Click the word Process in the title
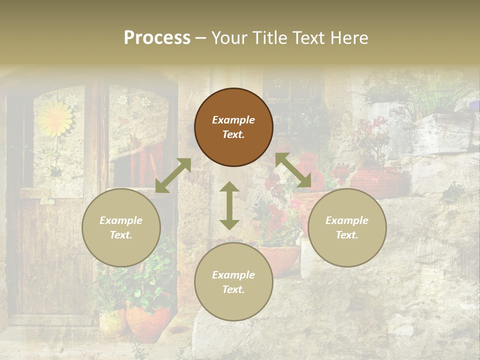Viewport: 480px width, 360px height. (x=157, y=38)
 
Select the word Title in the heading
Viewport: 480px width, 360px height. (x=268, y=38)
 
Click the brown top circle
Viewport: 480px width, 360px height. (x=233, y=127)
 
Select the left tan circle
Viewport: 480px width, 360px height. (x=121, y=227)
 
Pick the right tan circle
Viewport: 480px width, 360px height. (x=347, y=227)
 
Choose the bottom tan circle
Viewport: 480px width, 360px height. (x=233, y=282)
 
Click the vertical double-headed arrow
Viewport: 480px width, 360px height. (x=229, y=205)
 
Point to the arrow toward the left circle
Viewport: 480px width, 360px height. (x=173, y=175)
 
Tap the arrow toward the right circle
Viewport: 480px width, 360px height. (x=293, y=170)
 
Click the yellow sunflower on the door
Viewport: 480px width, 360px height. (x=55, y=119)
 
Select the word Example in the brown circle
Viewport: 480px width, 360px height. (x=233, y=120)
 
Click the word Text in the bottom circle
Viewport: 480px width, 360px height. (x=233, y=289)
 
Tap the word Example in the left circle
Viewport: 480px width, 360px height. (x=121, y=220)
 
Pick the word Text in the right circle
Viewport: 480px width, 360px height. (x=347, y=235)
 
